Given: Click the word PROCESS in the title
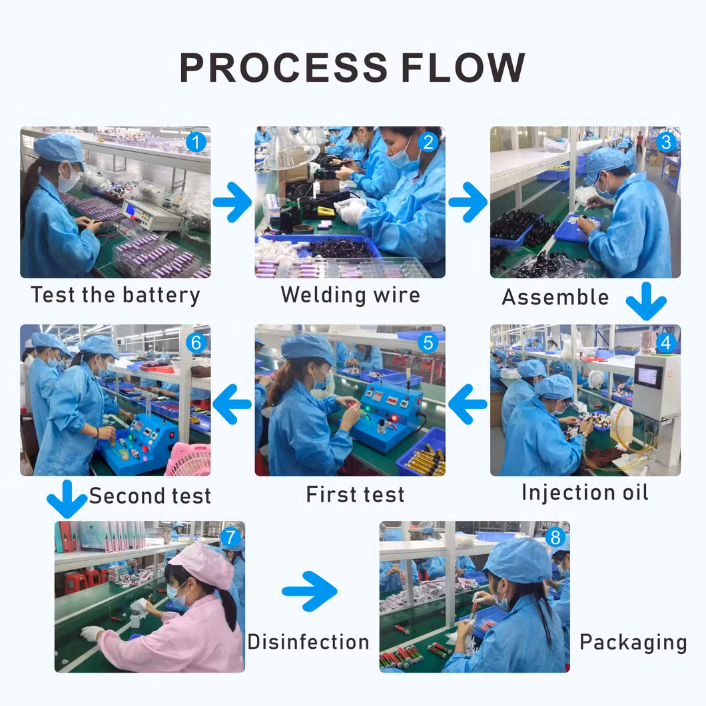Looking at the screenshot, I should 282,67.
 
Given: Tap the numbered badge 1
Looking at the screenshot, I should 196,142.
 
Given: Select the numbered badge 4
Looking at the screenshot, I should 665,342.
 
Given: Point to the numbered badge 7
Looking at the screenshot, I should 230,537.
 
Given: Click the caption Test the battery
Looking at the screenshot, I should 115,294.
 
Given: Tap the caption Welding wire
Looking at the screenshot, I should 350,294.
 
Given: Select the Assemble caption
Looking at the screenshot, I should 555,297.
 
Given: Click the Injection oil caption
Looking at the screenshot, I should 584,493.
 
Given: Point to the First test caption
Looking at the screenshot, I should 355,494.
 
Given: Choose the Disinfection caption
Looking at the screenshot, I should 308,641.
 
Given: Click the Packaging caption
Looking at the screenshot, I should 633,642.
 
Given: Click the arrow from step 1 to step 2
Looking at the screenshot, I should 232,202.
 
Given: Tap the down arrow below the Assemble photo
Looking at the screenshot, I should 646,302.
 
